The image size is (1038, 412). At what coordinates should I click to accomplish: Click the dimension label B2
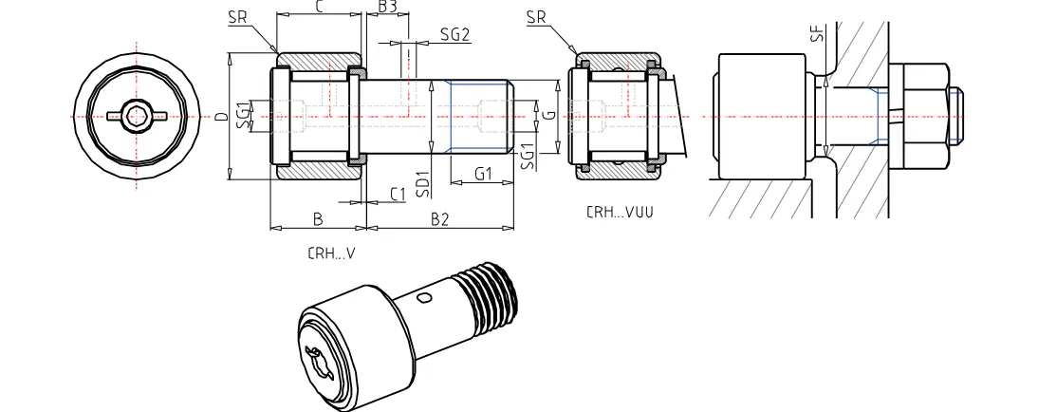(x=439, y=219)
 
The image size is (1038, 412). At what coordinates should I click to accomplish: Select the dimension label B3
(x=387, y=8)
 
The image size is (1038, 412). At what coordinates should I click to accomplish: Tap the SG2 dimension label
(x=454, y=35)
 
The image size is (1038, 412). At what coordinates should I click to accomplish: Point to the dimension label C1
(x=399, y=194)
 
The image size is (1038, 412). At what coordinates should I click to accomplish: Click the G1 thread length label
(x=483, y=174)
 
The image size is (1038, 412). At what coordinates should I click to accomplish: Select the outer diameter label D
(x=220, y=118)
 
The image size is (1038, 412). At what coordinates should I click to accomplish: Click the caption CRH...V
(x=331, y=253)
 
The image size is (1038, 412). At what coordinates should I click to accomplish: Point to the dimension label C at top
(x=319, y=8)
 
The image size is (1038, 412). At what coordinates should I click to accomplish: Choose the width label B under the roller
(x=318, y=219)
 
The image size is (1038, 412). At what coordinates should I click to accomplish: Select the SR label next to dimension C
(x=239, y=18)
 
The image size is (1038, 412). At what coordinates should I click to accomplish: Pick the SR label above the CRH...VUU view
(x=536, y=18)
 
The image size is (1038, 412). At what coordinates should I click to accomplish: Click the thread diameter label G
(x=550, y=116)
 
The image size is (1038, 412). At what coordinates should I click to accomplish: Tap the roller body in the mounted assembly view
(x=761, y=116)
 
